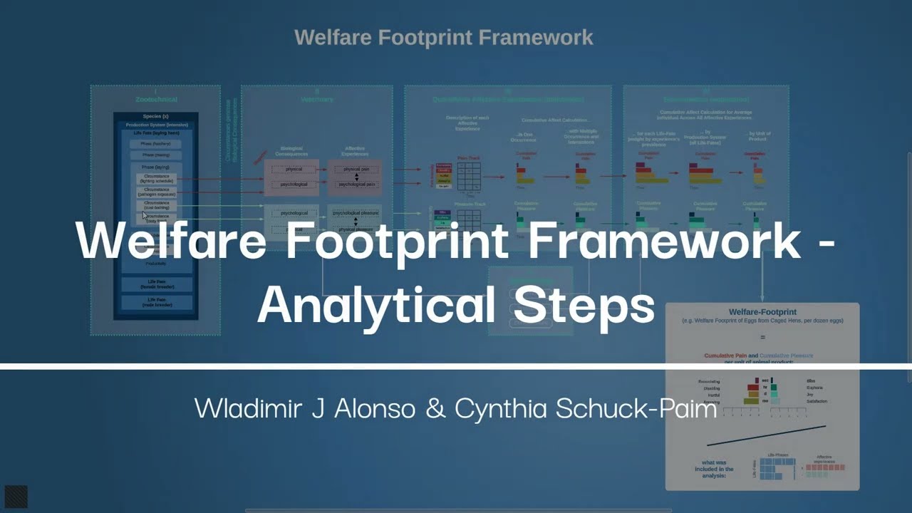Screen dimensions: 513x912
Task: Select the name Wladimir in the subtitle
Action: (x=238, y=408)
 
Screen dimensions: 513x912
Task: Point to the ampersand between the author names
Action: (x=433, y=408)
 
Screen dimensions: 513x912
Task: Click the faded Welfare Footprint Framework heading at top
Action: (x=443, y=37)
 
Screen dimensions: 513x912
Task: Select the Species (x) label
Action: (x=155, y=116)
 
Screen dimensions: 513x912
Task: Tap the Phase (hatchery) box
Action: (x=156, y=144)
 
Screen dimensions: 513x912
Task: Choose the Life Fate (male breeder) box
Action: (x=156, y=302)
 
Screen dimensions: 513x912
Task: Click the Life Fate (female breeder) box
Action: (x=156, y=284)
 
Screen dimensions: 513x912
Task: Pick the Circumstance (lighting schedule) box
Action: (x=156, y=179)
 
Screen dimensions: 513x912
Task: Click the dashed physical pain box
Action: (x=356, y=170)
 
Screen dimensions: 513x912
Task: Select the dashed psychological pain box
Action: (x=356, y=185)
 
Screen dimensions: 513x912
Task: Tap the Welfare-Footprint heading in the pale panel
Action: (x=762, y=312)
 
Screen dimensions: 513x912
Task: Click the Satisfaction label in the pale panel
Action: (x=817, y=401)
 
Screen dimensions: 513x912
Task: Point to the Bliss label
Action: (x=811, y=380)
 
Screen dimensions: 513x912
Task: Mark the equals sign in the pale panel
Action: (x=762, y=337)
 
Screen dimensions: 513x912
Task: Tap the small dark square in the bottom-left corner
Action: (x=16, y=497)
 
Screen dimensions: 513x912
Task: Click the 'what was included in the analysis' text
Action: (x=714, y=468)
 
